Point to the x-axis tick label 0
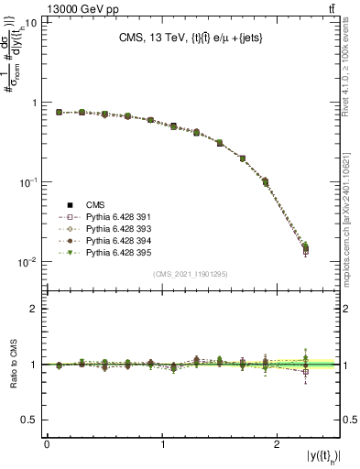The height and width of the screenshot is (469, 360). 47,444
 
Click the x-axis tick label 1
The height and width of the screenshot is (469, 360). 162,444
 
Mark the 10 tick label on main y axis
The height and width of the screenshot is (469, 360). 30,23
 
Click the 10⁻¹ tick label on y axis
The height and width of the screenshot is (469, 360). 28,182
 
